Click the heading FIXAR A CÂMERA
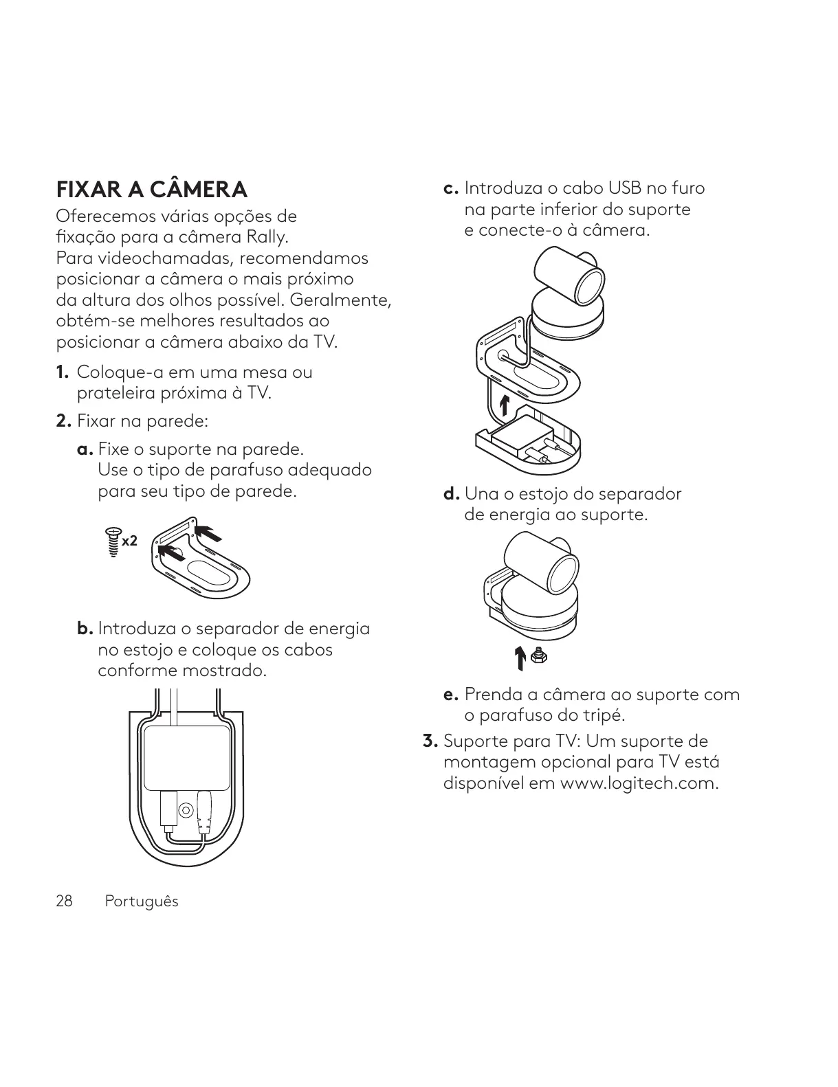click(151, 189)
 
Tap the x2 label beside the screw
click(130, 541)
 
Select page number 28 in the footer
click(64, 901)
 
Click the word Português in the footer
click(141, 901)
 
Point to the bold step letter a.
click(85, 449)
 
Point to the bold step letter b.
click(85, 629)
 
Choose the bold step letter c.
click(451, 188)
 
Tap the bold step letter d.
click(451, 494)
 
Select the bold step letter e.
click(451, 695)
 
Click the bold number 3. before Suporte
click(430, 741)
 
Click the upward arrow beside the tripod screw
click(521, 658)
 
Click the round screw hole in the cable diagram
click(186, 810)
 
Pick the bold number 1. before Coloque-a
click(63, 372)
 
